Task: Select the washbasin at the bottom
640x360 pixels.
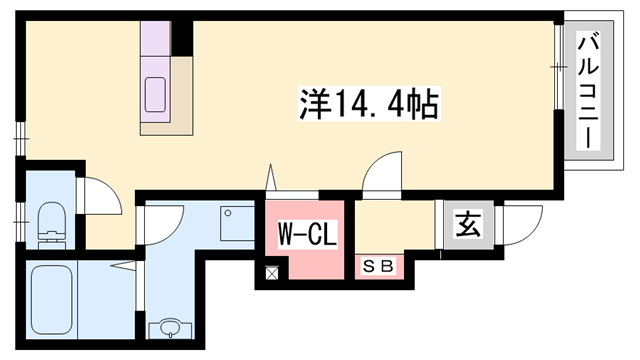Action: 167,328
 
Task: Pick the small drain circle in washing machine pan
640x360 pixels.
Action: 228,213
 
